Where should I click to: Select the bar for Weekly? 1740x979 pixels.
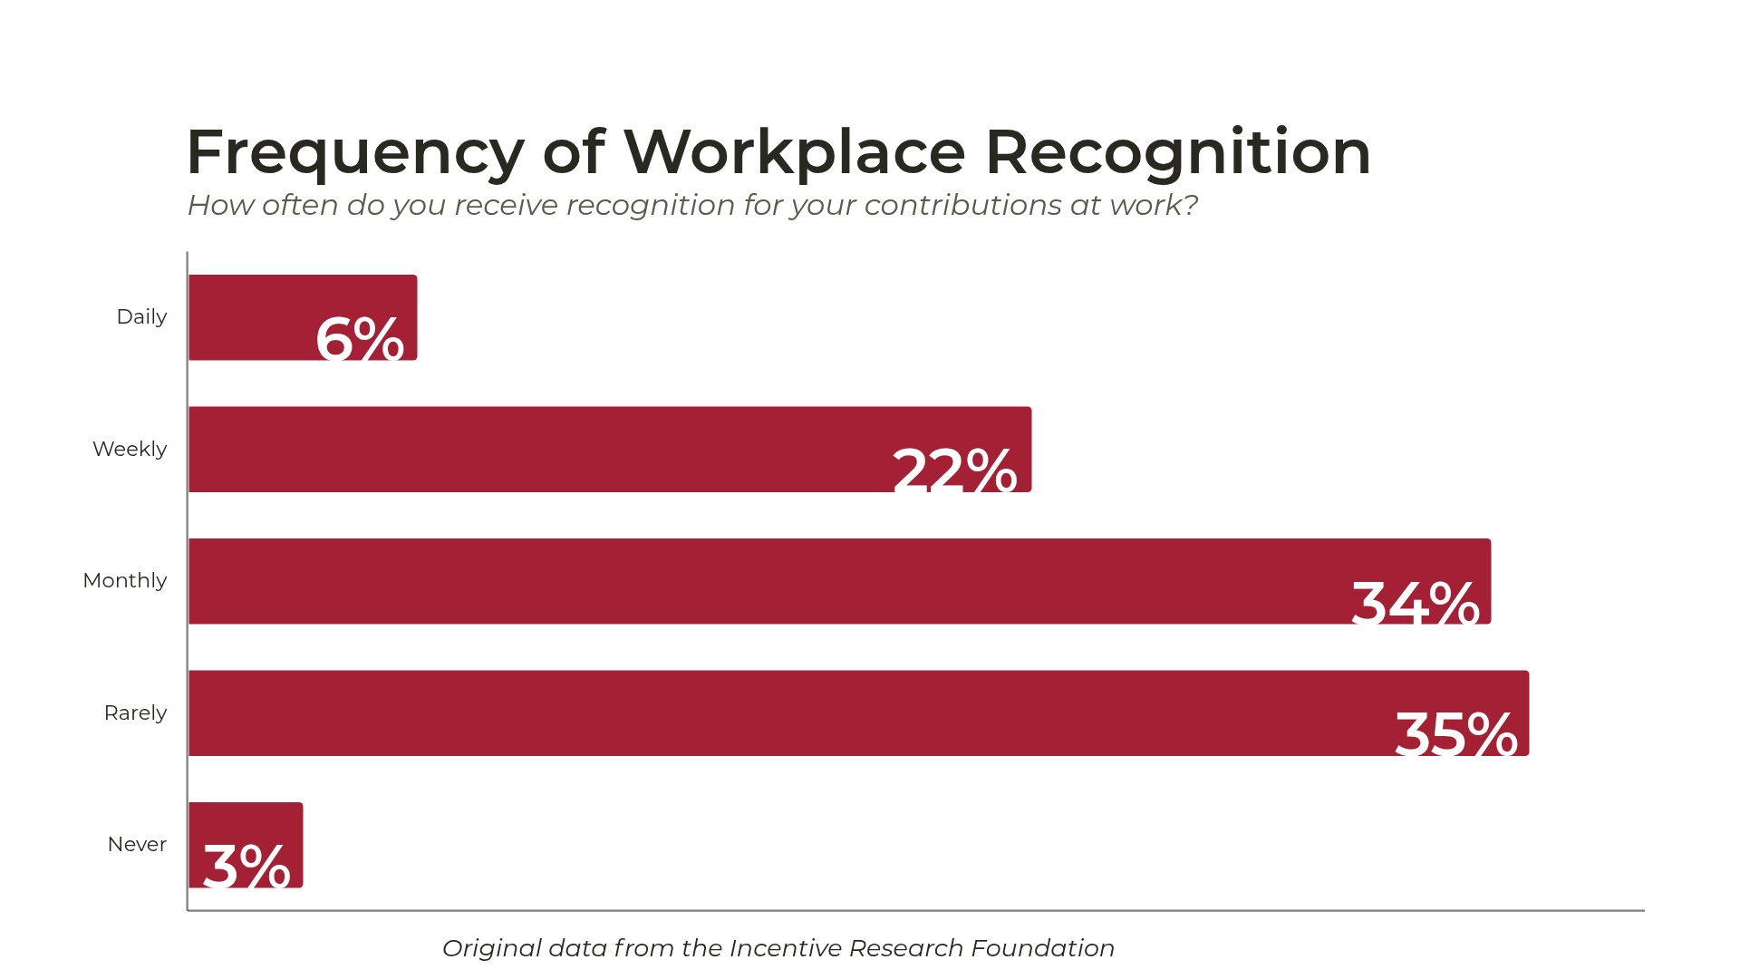point(544,449)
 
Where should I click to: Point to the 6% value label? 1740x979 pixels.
point(360,339)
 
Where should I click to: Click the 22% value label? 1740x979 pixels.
point(954,470)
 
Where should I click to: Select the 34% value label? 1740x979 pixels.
point(1415,603)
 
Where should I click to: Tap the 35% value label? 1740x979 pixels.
point(1455,733)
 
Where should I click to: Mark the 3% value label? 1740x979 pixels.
point(246,866)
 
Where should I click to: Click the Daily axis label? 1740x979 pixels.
point(141,317)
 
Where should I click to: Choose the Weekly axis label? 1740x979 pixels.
point(130,449)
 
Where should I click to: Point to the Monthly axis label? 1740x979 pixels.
point(125,581)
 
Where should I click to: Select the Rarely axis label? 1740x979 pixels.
point(135,712)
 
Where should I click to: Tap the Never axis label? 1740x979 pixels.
point(137,845)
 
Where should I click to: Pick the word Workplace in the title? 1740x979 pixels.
point(795,152)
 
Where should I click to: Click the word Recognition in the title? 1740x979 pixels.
point(1178,152)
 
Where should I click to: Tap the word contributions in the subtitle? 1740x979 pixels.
point(962,206)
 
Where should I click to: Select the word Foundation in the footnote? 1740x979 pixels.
point(1042,948)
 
